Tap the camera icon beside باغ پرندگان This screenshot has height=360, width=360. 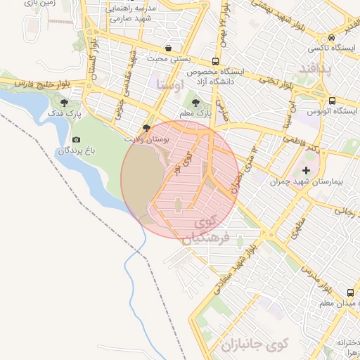coord(77,140)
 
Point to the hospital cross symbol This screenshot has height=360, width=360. coord(306,170)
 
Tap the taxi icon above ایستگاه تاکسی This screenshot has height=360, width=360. coord(331,38)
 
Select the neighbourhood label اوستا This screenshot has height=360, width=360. coord(171,85)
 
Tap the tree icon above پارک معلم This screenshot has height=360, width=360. coord(195,103)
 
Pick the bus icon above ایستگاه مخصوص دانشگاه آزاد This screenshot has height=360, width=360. coord(215,61)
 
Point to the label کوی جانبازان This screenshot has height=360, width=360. coord(254,345)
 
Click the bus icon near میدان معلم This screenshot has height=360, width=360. coord(349,292)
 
